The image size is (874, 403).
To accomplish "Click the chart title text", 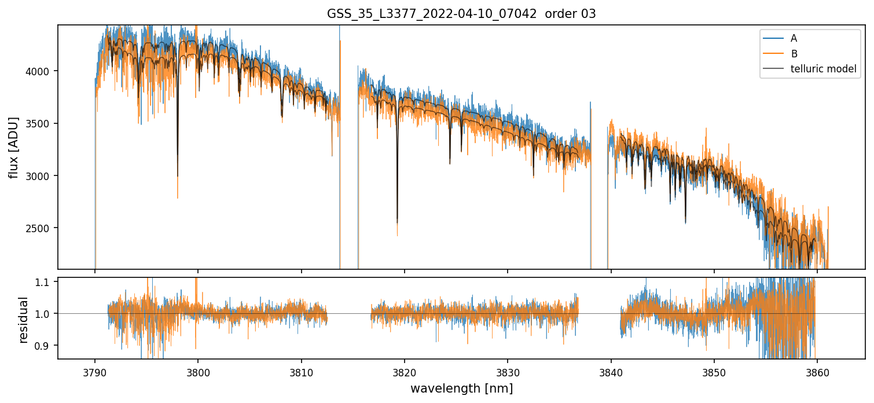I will [x=461, y=14].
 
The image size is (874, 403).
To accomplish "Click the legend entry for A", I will [x=794, y=38].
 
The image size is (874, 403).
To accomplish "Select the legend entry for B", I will [x=794, y=53].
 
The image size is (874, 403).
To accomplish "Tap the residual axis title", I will [x=23, y=320].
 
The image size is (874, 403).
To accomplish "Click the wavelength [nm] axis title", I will [x=461, y=389].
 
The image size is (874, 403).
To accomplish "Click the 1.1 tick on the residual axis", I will [x=46, y=282].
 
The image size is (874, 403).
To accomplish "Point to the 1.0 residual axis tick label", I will [x=46, y=314].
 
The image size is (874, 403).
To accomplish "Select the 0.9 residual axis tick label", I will [x=46, y=346].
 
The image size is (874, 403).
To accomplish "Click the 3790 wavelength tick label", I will [x=95, y=371].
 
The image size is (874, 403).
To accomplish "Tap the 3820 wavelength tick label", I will [x=404, y=371].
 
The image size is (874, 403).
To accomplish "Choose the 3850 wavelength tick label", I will [x=714, y=371].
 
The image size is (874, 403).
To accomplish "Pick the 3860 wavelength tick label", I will [x=817, y=371].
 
